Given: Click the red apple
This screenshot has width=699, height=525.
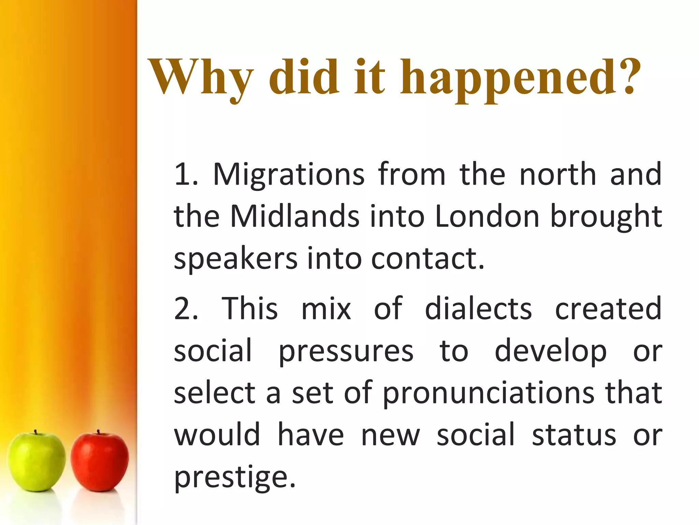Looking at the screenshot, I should (100, 461).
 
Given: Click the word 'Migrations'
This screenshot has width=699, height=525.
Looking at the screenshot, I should (289, 175).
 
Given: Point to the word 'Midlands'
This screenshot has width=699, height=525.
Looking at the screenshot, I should (295, 217).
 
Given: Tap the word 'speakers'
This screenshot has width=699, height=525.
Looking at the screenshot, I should (236, 259).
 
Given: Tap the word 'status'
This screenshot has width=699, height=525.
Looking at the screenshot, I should (574, 435).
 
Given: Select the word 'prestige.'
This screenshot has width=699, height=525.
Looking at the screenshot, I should (235, 478).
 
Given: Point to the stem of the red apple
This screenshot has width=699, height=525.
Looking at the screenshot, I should (98, 432).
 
